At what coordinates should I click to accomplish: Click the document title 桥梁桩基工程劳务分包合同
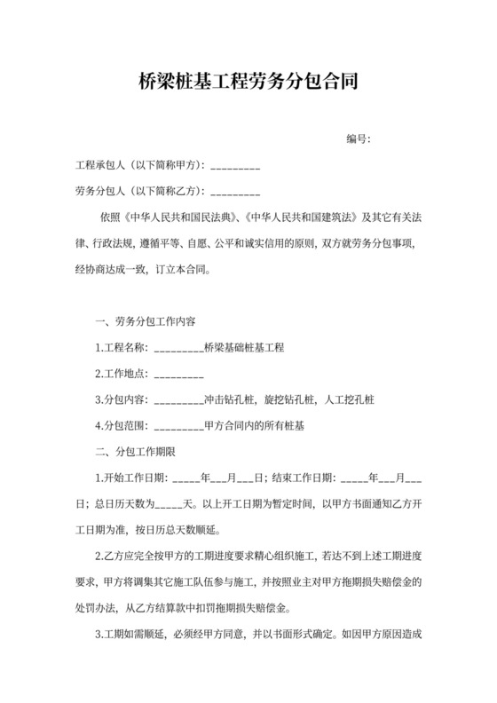(x=248, y=83)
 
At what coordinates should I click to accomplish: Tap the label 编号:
(x=358, y=139)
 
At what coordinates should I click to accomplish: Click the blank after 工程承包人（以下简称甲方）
(x=235, y=166)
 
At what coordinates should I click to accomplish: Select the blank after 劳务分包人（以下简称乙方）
(x=235, y=192)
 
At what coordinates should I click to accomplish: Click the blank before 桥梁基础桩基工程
(x=178, y=348)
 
